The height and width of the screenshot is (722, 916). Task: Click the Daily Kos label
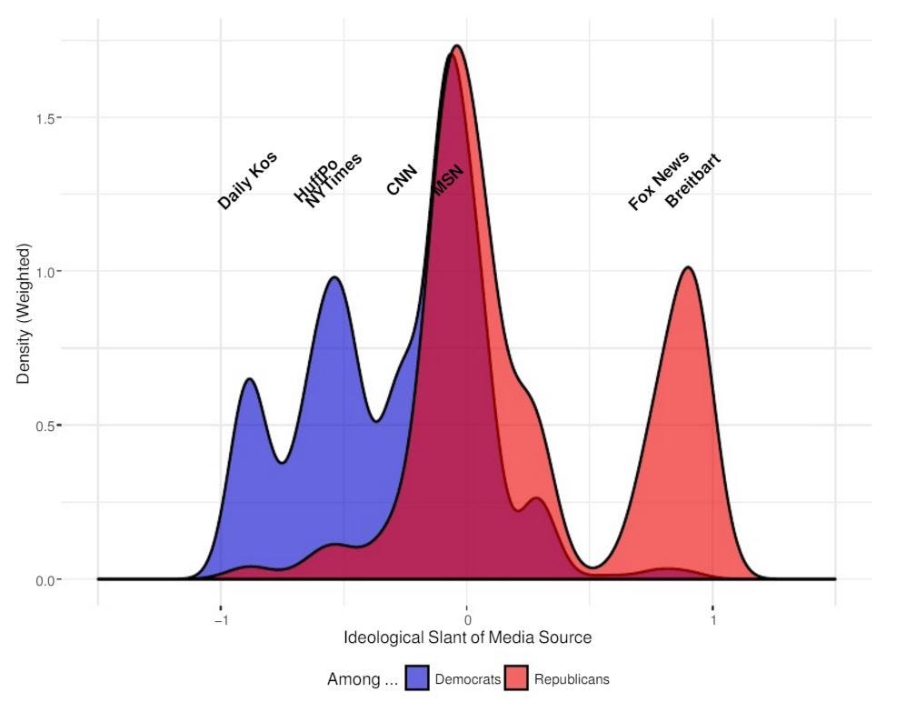tap(247, 180)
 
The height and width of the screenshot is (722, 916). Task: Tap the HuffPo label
tap(315, 180)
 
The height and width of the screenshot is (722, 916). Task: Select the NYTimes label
tap(334, 181)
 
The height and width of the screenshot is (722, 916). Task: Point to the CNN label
tap(402, 180)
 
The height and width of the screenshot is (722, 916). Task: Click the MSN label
tap(447, 180)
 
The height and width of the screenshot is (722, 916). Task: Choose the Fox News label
tap(659, 181)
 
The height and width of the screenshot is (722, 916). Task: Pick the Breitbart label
tap(692, 181)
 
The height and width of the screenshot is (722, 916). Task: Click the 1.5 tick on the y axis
tap(45, 118)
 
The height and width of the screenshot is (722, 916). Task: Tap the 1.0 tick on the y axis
tap(45, 272)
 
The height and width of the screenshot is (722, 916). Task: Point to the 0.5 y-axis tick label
tap(45, 426)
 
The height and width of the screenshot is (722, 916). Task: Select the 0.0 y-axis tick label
tap(45, 579)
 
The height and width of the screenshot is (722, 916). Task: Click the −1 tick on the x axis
tap(220, 620)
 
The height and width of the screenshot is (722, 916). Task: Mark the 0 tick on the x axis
tap(466, 620)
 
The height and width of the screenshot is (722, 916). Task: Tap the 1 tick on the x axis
tap(713, 620)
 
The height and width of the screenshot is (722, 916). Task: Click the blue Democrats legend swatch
tap(417, 678)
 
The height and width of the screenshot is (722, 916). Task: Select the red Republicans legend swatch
tap(516, 678)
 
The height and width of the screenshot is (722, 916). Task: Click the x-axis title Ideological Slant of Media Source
tap(467, 638)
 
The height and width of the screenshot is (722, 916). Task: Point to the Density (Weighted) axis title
tap(25, 314)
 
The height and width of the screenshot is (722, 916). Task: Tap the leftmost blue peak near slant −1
tap(249, 379)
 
